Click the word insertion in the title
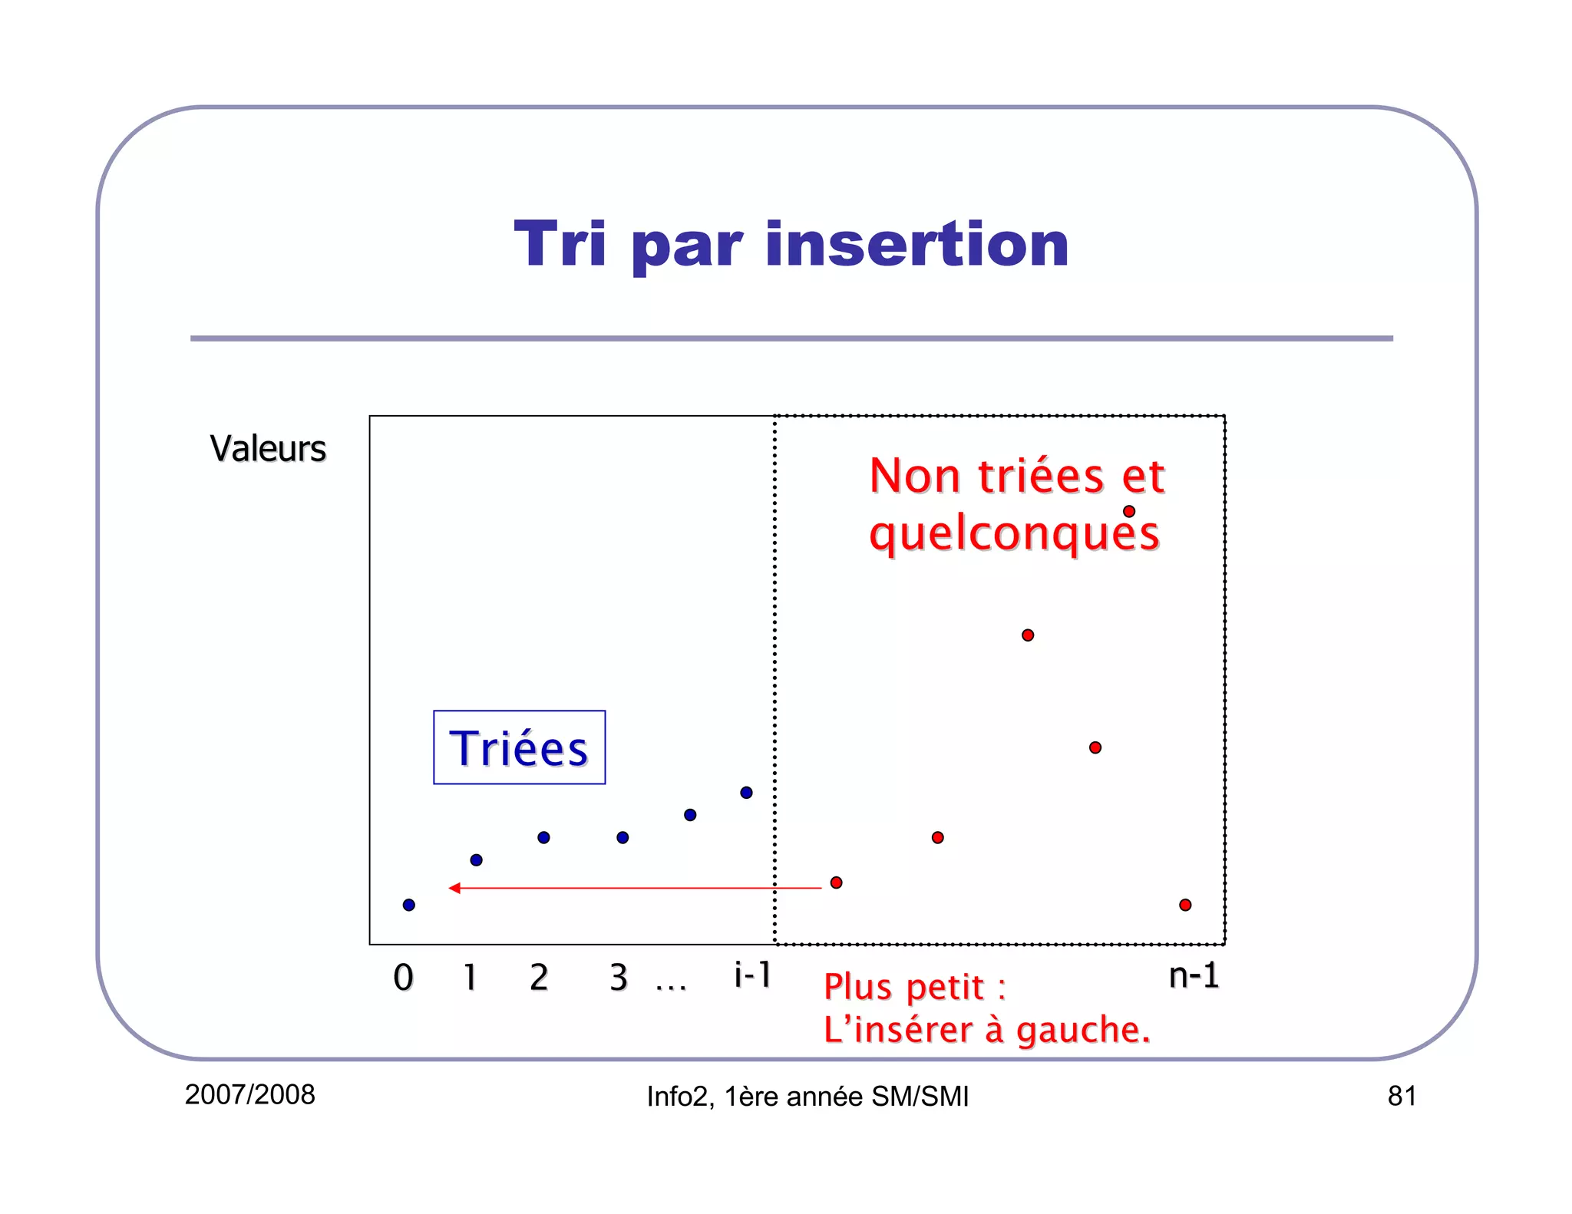916,245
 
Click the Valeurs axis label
268,449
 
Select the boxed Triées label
519,747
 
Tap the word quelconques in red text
1013,534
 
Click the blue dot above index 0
409,905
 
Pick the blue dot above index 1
476,859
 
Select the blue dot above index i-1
746,793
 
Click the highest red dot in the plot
1129,511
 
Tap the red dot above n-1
1185,905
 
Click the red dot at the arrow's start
837,882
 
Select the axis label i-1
752,975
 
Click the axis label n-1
1194,975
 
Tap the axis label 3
619,978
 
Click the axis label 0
403,978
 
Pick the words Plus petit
904,987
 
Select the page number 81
1402,1096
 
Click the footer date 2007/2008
250,1094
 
